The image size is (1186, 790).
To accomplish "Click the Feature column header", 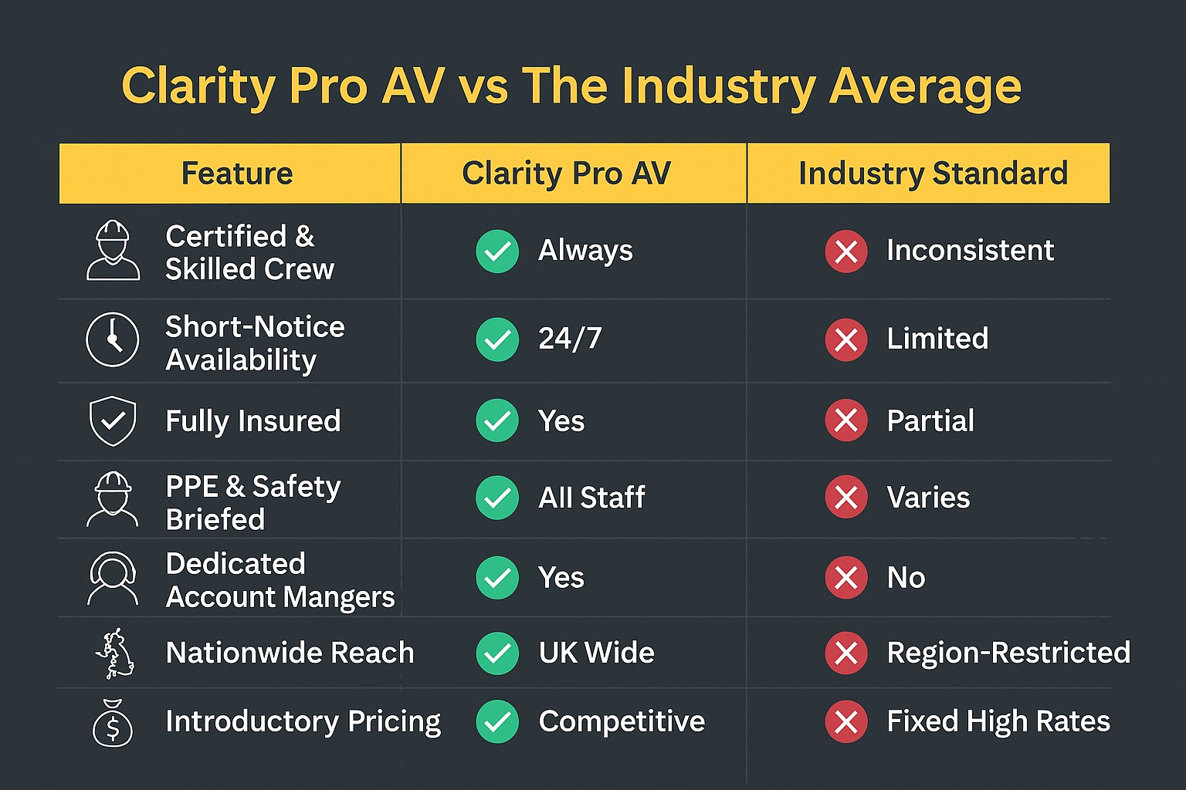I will click(x=236, y=174).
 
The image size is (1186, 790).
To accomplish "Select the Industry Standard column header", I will click(x=933, y=174).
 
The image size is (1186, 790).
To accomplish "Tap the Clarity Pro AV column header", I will click(x=566, y=174).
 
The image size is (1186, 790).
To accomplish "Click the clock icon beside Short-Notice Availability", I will click(x=113, y=339).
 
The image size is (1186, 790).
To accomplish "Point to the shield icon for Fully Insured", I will click(x=113, y=420).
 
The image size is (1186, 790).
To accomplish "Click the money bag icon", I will click(x=113, y=723).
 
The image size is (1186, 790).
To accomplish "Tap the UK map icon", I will click(x=115, y=653).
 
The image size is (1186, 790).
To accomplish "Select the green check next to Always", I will click(x=497, y=251).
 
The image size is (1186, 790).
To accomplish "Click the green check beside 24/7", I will click(x=497, y=339).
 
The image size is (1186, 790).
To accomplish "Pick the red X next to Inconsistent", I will click(x=846, y=251).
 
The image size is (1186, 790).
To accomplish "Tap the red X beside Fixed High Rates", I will click(x=846, y=721).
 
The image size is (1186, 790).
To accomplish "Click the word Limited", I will click(x=937, y=339).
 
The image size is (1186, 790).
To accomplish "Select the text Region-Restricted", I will click(x=1008, y=653).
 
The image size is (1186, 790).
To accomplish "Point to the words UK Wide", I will click(x=596, y=653).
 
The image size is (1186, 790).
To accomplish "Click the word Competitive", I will click(x=622, y=721).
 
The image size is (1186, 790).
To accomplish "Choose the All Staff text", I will click(x=591, y=498).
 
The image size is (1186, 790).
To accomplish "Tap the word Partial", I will click(x=930, y=420).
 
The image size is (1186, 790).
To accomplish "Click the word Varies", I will click(x=928, y=498).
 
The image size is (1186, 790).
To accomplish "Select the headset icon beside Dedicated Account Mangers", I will click(x=113, y=578).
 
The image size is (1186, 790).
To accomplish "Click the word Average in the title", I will click(x=925, y=86).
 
